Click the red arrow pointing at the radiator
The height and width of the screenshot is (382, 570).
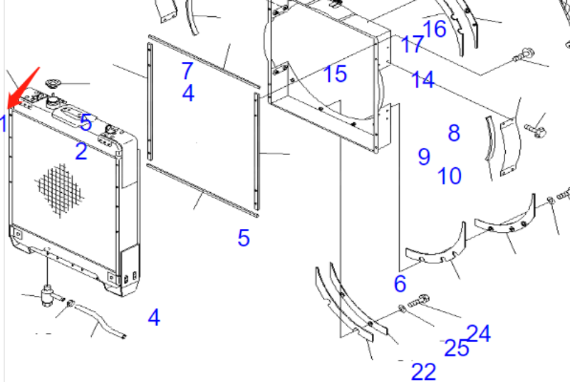(24, 87)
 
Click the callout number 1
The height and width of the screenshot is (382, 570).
(4, 123)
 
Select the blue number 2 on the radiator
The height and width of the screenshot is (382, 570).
(81, 152)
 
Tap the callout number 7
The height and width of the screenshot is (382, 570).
(187, 70)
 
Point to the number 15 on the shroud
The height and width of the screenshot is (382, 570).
(335, 74)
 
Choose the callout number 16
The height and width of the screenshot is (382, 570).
(435, 29)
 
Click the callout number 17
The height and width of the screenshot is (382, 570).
(413, 44)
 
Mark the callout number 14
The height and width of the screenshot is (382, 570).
(423, 80)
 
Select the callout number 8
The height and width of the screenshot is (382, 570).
(454, 133)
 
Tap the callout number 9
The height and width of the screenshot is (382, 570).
(424, 156)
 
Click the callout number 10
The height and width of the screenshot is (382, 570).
(450, 176)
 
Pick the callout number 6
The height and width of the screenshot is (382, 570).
(400, 283)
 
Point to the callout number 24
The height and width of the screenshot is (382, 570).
(478, 334)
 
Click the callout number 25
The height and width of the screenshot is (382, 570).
(457, 348)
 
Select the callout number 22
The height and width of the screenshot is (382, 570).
(424, 372)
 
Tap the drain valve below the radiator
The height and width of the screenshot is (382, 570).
(48, 295)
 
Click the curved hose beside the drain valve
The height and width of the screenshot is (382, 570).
(98, 319)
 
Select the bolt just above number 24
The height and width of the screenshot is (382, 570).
(419, 301)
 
